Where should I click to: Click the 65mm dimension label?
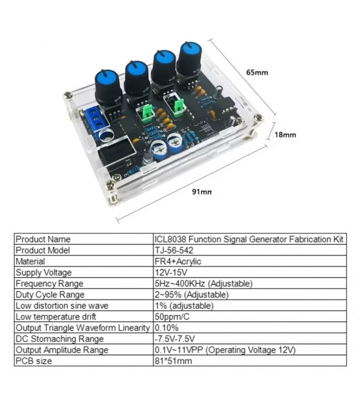pyautogui.click(x=257, y=72)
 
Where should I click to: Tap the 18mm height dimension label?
pyautogui.click(x=285, y=135)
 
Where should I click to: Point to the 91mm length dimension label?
pyautogui.click(x=202, y=192)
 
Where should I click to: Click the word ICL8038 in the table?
pyautogui.click(x=170, y=239)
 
